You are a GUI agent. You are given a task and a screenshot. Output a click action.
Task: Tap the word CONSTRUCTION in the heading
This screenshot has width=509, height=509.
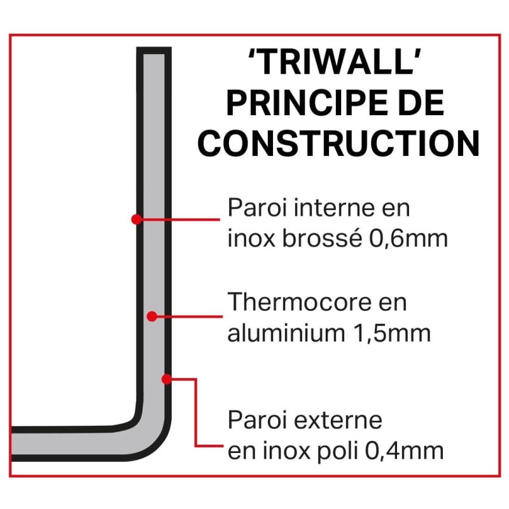[x=338, y=144]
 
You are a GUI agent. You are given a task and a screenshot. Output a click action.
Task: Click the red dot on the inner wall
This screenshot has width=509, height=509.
[x=136, y=219]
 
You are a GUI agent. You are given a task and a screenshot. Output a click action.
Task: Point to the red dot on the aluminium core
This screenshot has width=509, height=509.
[x=151, y=316]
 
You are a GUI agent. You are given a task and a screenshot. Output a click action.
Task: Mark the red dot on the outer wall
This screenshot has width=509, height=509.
[x=166, y=379]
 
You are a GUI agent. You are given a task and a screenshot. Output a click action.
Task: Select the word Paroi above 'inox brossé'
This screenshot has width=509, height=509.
[x=255, y=209]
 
